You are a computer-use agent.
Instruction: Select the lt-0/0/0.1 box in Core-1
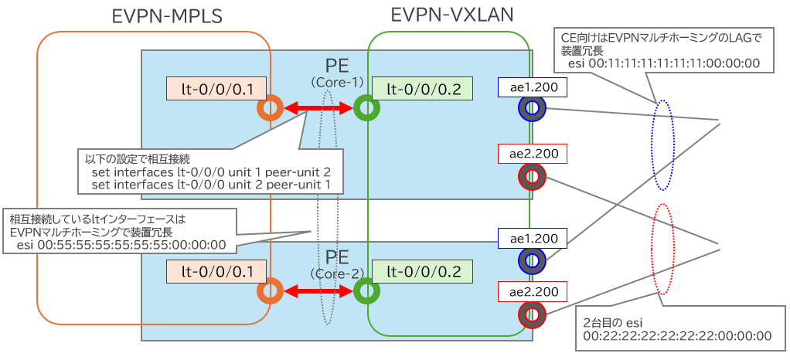[x=216, y=89]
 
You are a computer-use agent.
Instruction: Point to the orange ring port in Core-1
[x=270, y=110]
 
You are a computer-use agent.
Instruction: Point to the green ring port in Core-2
[x=366, y=290]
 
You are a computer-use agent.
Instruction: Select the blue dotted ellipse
[x=662, y=144]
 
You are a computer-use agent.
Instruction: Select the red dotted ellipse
[x=663, y=250]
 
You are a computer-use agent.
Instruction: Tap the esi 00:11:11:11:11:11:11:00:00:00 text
[x=663, y=63]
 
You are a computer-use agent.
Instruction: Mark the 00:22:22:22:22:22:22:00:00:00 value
[x=677, y=335]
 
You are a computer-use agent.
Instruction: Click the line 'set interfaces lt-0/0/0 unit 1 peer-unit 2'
[x=210, y=172]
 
